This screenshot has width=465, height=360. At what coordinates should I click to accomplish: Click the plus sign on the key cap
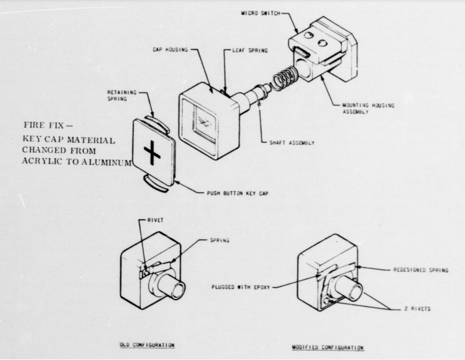point(152,154)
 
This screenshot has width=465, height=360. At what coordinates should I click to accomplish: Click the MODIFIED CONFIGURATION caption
point(328,347)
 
